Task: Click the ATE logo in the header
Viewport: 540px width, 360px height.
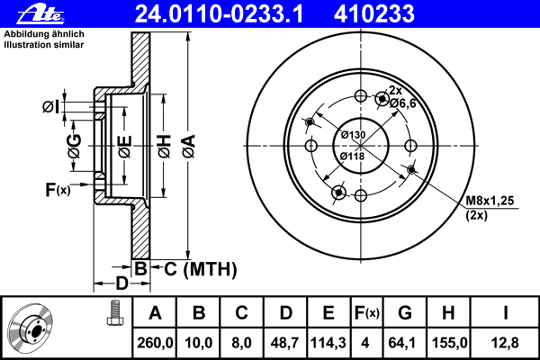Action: (x=40, y=14)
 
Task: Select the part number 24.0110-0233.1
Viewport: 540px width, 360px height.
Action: (x=219, y=14)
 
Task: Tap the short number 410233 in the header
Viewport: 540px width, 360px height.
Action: (x=374, y=14)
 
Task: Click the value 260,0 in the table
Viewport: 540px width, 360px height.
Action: (x=155, y=343)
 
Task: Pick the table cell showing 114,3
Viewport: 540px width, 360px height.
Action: (x=328, y=343)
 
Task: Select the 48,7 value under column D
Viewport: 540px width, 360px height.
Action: (x=285, y=343)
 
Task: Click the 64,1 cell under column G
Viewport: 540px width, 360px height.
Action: (x=402, y=343)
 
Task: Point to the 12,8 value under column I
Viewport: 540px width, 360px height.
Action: (x=505, y=343)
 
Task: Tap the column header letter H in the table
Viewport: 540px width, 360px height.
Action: (x=448, y=313)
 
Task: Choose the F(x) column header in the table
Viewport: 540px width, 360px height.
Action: (x=367, y=313)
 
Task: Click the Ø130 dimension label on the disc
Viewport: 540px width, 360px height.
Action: (x=353, y=134)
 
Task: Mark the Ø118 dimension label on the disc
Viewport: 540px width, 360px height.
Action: (x=352, y=157)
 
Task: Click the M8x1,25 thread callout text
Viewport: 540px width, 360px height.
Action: (x=490, y=200)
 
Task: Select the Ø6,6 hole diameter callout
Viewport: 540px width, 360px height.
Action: (x=403, y=103)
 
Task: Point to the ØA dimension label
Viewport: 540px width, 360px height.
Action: (x=189, y=146)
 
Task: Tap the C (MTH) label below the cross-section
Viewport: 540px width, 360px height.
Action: (x=201, y=269)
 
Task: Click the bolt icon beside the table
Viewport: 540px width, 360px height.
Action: (x=115, y=313)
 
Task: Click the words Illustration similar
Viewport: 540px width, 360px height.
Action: (x=44, y=45)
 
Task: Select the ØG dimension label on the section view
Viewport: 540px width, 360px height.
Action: (x=75, y=146)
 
